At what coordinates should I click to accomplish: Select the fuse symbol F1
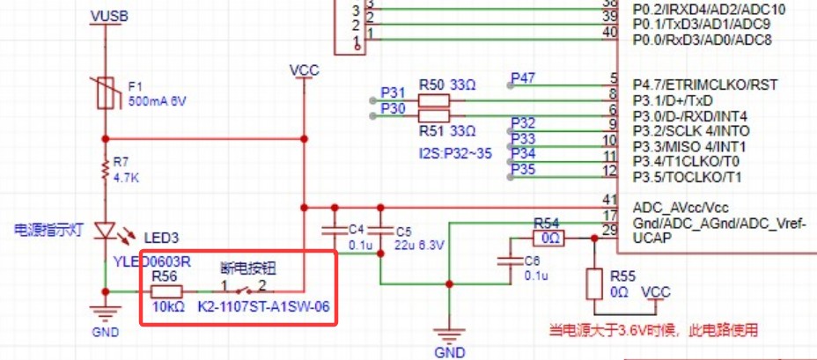pos(107,92)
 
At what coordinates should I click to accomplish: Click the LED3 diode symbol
pos(107,231)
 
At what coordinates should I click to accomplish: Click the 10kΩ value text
pos(168,307)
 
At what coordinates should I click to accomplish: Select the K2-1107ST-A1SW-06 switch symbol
pos(248,290)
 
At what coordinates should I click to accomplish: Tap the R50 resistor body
pos(433,101)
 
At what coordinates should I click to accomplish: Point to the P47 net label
pos(523,79)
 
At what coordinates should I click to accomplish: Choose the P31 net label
pos(392,92)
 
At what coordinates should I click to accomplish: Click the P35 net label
pos(523,168)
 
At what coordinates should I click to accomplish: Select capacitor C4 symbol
pos(334,231)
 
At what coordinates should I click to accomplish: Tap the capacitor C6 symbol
pos(507,261)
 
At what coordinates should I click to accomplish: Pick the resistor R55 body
pos(595,284)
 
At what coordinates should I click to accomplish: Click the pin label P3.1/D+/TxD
pos(679,100)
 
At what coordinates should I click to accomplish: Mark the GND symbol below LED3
pos(107,315)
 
